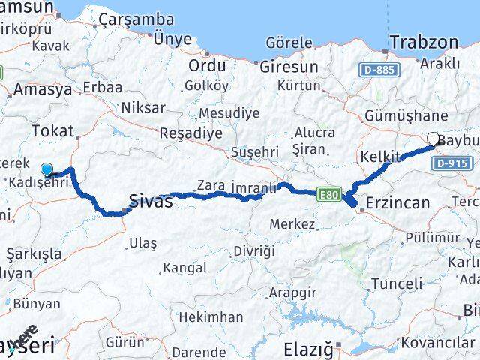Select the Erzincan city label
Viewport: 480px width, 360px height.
(397, 203)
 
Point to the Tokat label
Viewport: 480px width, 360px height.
(52, 132)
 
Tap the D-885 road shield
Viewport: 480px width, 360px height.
(379, 70)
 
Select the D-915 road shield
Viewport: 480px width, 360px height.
(451, 163)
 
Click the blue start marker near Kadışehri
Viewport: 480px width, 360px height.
(47, 169)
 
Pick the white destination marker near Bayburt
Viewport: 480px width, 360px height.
(433, 138)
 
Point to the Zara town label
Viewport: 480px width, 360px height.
(211, 185)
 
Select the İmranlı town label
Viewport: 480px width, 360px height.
(253, 185)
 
